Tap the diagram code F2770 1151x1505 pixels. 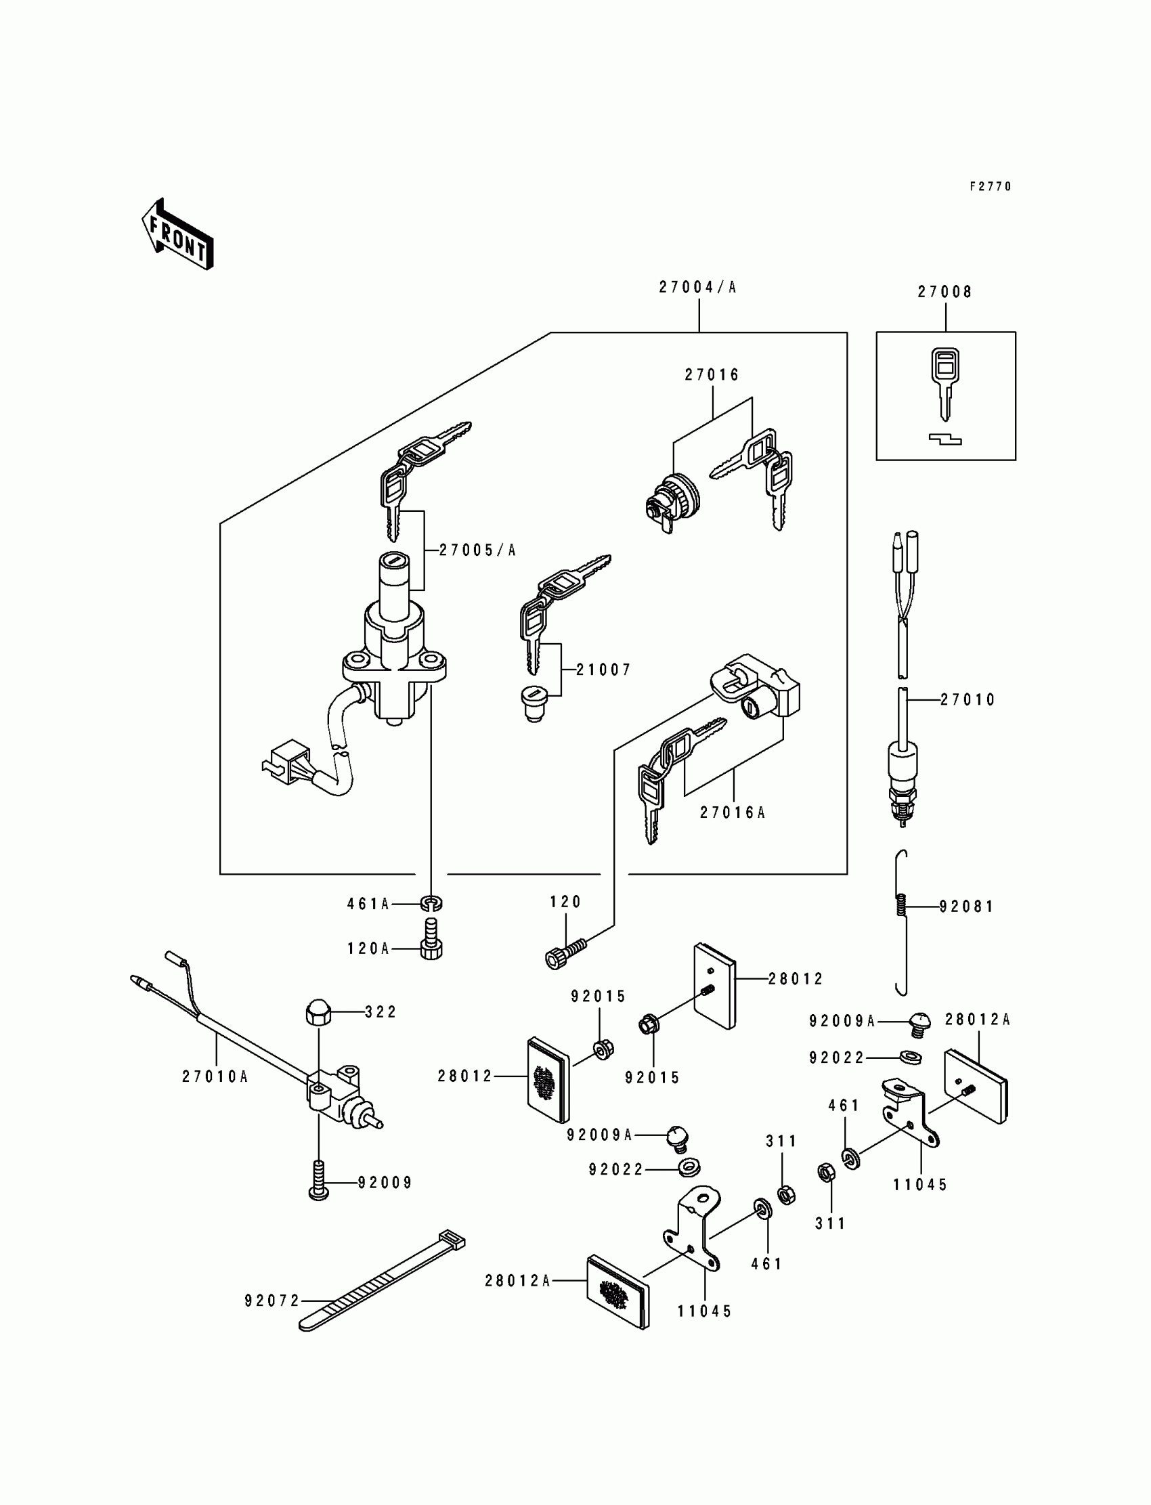coord(990,186)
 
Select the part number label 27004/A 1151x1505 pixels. coord(697,288)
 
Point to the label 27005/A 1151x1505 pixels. coord(477,550)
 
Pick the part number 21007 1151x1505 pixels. coord(603,670)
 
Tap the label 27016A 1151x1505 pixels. coord(733,812)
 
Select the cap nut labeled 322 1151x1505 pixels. coord(318,1011)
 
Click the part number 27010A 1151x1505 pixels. coord(215,1077)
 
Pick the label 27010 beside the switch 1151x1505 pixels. coord(968,699)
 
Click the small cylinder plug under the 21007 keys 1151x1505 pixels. coord(534,704)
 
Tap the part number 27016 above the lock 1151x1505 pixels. coord(712,374)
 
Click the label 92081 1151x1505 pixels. coord(966,907)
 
